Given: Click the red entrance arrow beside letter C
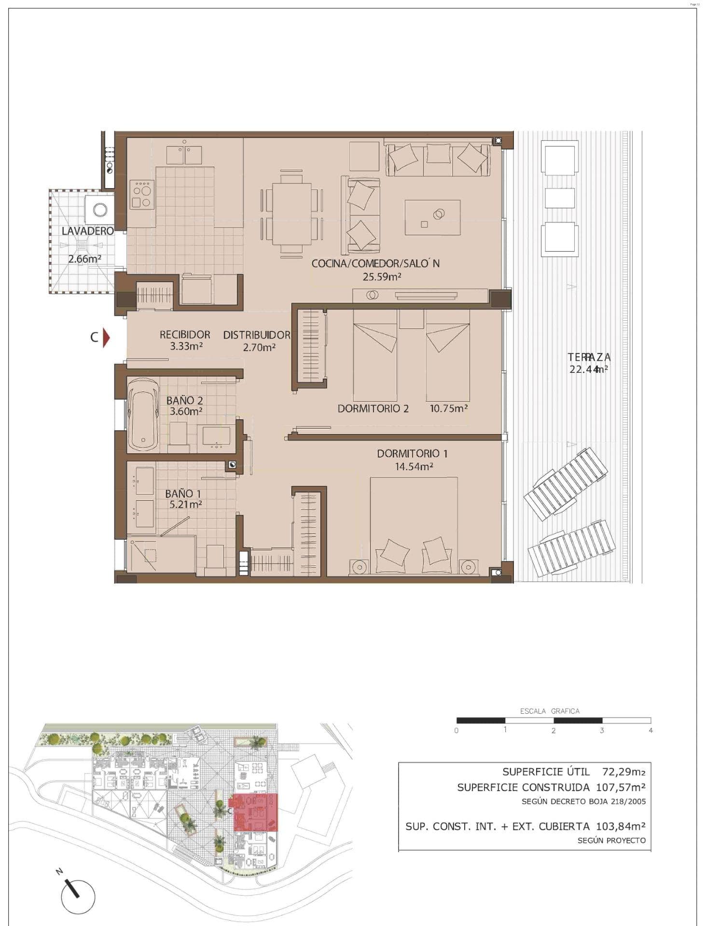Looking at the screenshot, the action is point(107,338).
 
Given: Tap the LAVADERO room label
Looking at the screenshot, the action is point(88,231).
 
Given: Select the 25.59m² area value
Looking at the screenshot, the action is point(382,277).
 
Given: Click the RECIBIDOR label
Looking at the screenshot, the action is point(185,334).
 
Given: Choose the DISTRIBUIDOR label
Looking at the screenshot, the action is point(257,335).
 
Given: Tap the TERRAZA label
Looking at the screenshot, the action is point(589,357).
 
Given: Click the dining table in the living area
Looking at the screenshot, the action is point(291,214).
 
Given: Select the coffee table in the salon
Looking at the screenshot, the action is point(432,218).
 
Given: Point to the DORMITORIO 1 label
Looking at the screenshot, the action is point(412,453).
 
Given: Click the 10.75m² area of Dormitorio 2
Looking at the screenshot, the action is point(449,409).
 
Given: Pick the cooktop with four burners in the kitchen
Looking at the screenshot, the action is point(142,195).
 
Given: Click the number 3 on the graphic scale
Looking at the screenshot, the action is point(602,731).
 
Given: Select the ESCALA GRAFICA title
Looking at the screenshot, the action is point(550,711).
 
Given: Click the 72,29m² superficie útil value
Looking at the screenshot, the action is point(624,772).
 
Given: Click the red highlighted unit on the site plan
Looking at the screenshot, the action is point(255,812).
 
